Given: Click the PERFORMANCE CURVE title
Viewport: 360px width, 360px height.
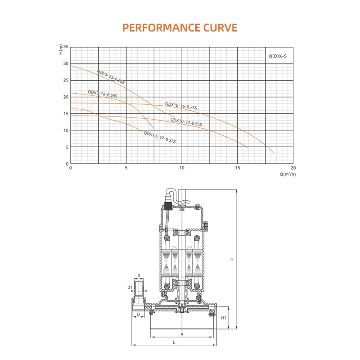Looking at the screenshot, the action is click(x=180, y=28).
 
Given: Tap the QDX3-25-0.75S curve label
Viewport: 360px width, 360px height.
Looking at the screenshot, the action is click(x=111, y=77).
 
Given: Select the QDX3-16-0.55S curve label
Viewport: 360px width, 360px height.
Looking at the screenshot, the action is click(x=103, y=94).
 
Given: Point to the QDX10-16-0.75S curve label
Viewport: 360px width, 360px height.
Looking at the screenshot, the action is click(x=181, y=106).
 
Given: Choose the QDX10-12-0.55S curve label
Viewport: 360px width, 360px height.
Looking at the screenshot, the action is click(x=186, y=122).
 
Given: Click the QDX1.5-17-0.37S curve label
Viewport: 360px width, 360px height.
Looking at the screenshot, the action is click(x=160, y=137).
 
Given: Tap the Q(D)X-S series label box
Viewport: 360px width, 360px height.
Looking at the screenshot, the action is click(x=279, y=55).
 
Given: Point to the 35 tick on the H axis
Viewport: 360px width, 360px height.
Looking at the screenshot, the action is click(x=66, y=47).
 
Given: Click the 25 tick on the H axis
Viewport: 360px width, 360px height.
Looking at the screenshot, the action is click(x=66, y=80).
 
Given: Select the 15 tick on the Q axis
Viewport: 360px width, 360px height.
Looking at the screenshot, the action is click(x=238, y=168).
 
